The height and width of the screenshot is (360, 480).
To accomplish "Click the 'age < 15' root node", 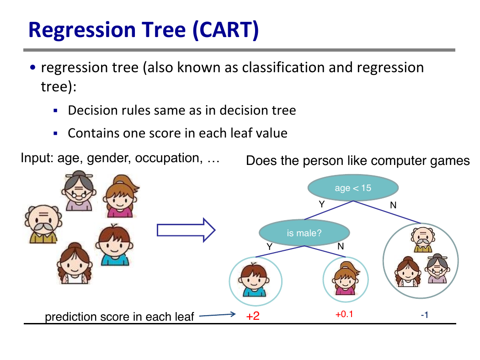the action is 353,188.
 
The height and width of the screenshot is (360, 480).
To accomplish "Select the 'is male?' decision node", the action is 304,233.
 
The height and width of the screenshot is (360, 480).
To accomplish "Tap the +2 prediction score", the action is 253,316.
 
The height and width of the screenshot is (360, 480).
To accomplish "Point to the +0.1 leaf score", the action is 344,314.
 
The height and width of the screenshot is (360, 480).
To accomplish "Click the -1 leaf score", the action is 425,315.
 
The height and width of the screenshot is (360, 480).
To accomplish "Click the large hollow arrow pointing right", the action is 186,230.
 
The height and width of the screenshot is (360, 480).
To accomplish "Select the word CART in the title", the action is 226,30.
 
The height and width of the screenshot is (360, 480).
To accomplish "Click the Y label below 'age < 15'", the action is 321,204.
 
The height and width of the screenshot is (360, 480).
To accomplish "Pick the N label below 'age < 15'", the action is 393,205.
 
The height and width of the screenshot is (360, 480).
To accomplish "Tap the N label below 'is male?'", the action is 341,246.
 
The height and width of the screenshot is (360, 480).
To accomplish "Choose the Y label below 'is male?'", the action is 269,247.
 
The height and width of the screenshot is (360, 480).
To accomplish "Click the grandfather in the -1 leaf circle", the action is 423,240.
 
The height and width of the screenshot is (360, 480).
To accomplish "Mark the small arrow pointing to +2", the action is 217,315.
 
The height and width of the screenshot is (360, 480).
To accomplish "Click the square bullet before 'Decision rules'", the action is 55,111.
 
